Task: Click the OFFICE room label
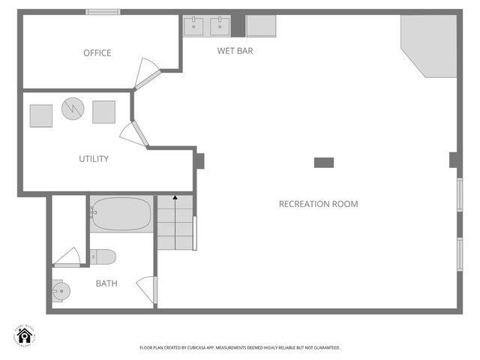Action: click(97, 52)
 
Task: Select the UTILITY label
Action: click(94, 159)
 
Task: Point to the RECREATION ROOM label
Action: click(318, 204)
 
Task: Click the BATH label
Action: click(106, 283)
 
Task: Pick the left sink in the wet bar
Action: click(194, 25)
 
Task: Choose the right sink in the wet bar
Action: click(220, 25)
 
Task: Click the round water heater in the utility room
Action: click(73, 109)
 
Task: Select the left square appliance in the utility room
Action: click(40, 115)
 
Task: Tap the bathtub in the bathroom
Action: click(121, 214)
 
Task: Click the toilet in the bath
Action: click(103, 257)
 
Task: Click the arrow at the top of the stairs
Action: click(175, 197)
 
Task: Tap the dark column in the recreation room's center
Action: click(324, 162)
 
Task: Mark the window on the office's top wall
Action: click(103, 12)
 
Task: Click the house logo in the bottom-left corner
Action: click(25, 335)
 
